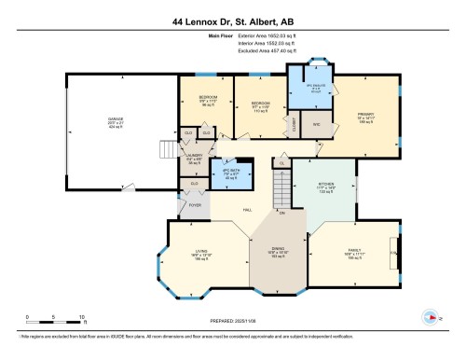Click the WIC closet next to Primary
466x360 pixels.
[x=316, y=124]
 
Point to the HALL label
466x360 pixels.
[x=247, y=210]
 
